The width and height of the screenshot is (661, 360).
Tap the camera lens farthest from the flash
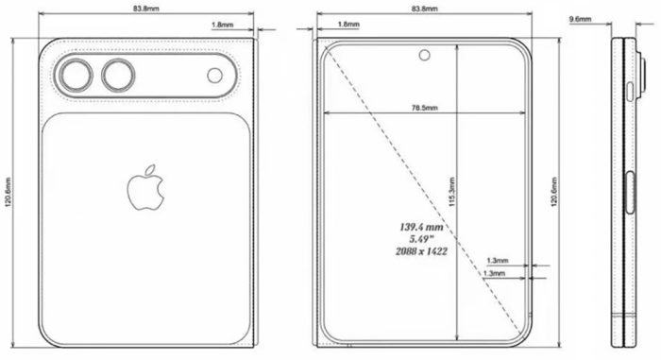click(x=74, y=76)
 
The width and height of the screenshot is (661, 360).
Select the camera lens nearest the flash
click(x=120, y=76)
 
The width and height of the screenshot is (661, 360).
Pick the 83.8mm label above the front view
click(x=424, y=9)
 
